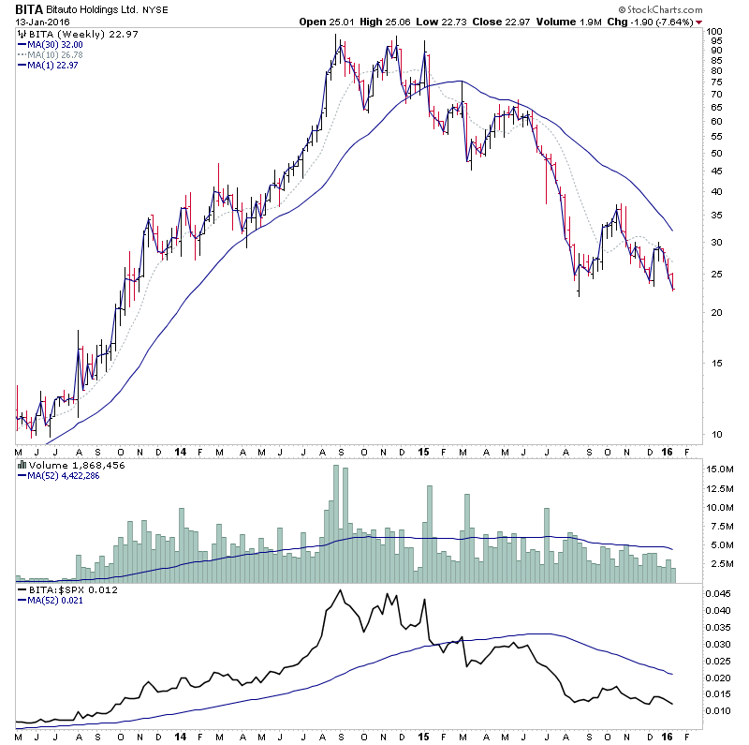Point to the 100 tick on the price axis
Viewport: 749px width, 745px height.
tap(716, 32)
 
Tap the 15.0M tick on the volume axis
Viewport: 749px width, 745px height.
tap(720, 469)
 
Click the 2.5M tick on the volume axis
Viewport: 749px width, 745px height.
tap(719, 564)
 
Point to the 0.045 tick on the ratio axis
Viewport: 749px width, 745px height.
tap(718, 594)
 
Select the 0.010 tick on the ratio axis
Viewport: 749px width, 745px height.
tap(718, 710)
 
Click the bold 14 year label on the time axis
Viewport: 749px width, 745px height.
tap(180, 451)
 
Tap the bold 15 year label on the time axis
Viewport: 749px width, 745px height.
tap(422, 451)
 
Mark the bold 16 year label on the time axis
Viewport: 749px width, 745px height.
tap(665, 451)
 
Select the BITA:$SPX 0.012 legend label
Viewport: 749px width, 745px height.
tap(63, 592)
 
